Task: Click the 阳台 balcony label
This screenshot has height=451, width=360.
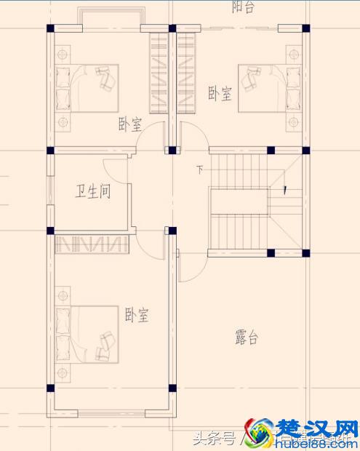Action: pos(242,7)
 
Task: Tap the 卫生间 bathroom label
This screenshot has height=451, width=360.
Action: pos(94,191)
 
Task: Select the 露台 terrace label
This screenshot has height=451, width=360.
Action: pos(247,338)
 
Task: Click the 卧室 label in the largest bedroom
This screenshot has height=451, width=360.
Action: pos(137,316)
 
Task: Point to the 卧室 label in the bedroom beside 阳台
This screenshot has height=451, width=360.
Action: pos(220,93)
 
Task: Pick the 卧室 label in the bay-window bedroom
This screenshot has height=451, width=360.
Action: pos(129,124)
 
